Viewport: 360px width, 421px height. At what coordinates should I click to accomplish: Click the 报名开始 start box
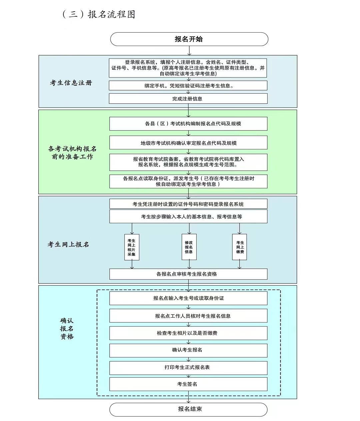(189, 39)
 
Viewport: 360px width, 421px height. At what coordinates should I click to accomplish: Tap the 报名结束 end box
(189, 409)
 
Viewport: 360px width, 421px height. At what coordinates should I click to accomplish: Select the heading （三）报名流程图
(99, 14)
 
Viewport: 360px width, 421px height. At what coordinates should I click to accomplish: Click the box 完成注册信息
(188, 99)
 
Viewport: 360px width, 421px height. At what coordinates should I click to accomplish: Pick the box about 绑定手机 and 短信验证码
(188, 86)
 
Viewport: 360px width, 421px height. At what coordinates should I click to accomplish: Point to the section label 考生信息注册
(71, 83)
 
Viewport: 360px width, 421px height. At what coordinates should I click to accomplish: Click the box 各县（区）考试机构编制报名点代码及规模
(188, 124)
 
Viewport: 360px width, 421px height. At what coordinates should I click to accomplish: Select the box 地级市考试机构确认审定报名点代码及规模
(188, 143)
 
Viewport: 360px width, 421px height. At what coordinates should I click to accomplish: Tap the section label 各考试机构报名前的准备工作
(72, 153)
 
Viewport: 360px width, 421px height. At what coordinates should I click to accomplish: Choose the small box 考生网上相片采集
(132, 247)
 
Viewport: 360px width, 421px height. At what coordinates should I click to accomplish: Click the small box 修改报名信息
(189, 247)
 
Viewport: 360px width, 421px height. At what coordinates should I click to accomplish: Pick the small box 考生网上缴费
(240, 247)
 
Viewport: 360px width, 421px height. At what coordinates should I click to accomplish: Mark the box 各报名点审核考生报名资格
(188, 274)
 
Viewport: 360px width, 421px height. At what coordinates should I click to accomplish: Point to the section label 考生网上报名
(68, 244)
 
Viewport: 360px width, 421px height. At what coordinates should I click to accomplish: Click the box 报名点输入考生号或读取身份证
(188, 298)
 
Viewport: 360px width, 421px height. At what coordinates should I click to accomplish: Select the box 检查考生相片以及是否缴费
(188, 333)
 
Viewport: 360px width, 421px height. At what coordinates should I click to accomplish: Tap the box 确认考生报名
(188, 350)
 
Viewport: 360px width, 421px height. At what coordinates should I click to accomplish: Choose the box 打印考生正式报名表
(188, 367)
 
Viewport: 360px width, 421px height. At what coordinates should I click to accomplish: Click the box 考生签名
(188, 384)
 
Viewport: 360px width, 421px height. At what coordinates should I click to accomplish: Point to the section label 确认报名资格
(67, 329)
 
